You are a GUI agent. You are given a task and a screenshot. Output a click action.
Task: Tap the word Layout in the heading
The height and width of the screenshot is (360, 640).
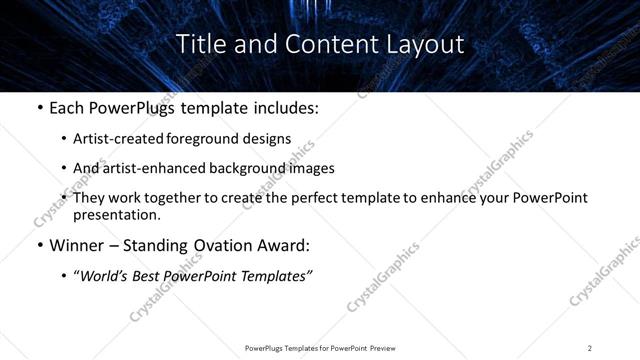(x=426, y=44)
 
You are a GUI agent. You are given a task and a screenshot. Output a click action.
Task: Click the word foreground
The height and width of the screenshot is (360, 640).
(x=216, y=139)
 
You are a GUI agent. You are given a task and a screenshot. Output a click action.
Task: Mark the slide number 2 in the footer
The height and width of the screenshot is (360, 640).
(x=590, y=348)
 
